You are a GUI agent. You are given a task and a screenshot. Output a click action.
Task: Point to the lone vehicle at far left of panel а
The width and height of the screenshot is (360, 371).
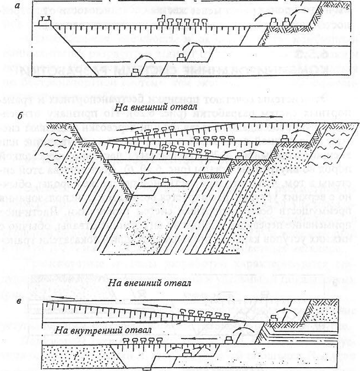point(44,23)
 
